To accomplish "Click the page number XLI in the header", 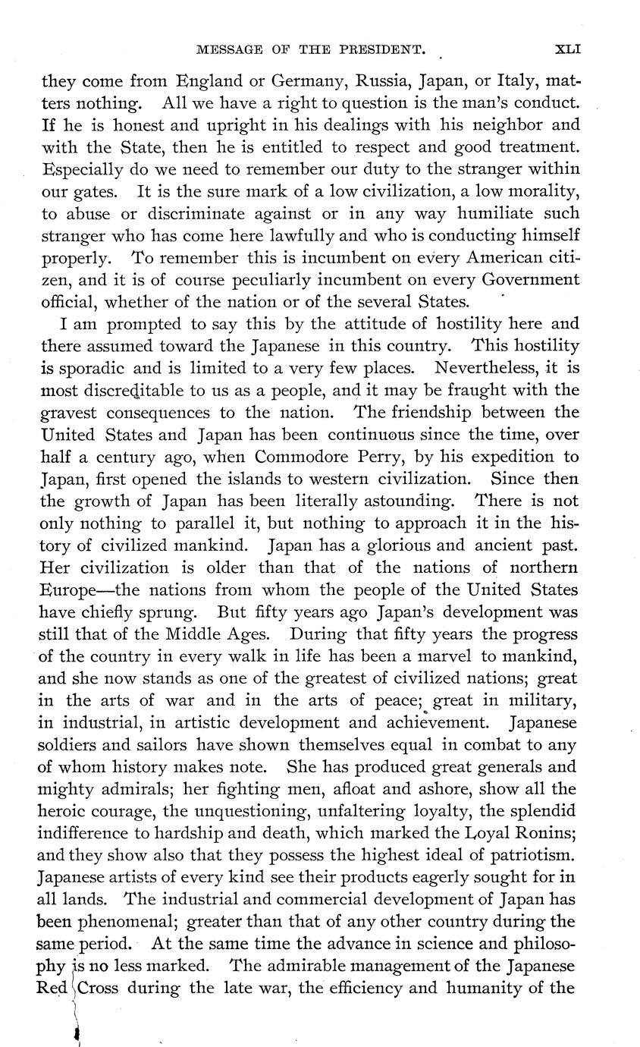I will click(568, 50).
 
